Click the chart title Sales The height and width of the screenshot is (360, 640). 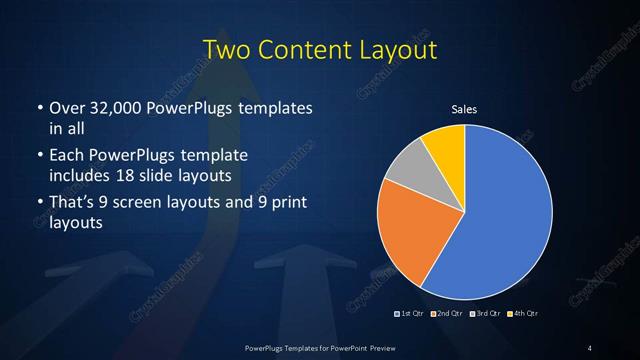click(465, 108)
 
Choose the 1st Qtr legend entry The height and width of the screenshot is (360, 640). click(411, 314)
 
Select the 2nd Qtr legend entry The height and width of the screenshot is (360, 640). click(448, 314)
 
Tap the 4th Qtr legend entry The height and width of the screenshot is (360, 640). click(521, 314)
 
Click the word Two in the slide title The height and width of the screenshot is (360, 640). click(225, 49)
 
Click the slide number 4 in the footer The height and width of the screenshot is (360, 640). click(590, 347)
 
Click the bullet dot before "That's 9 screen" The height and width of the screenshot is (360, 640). click(39, 204)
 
